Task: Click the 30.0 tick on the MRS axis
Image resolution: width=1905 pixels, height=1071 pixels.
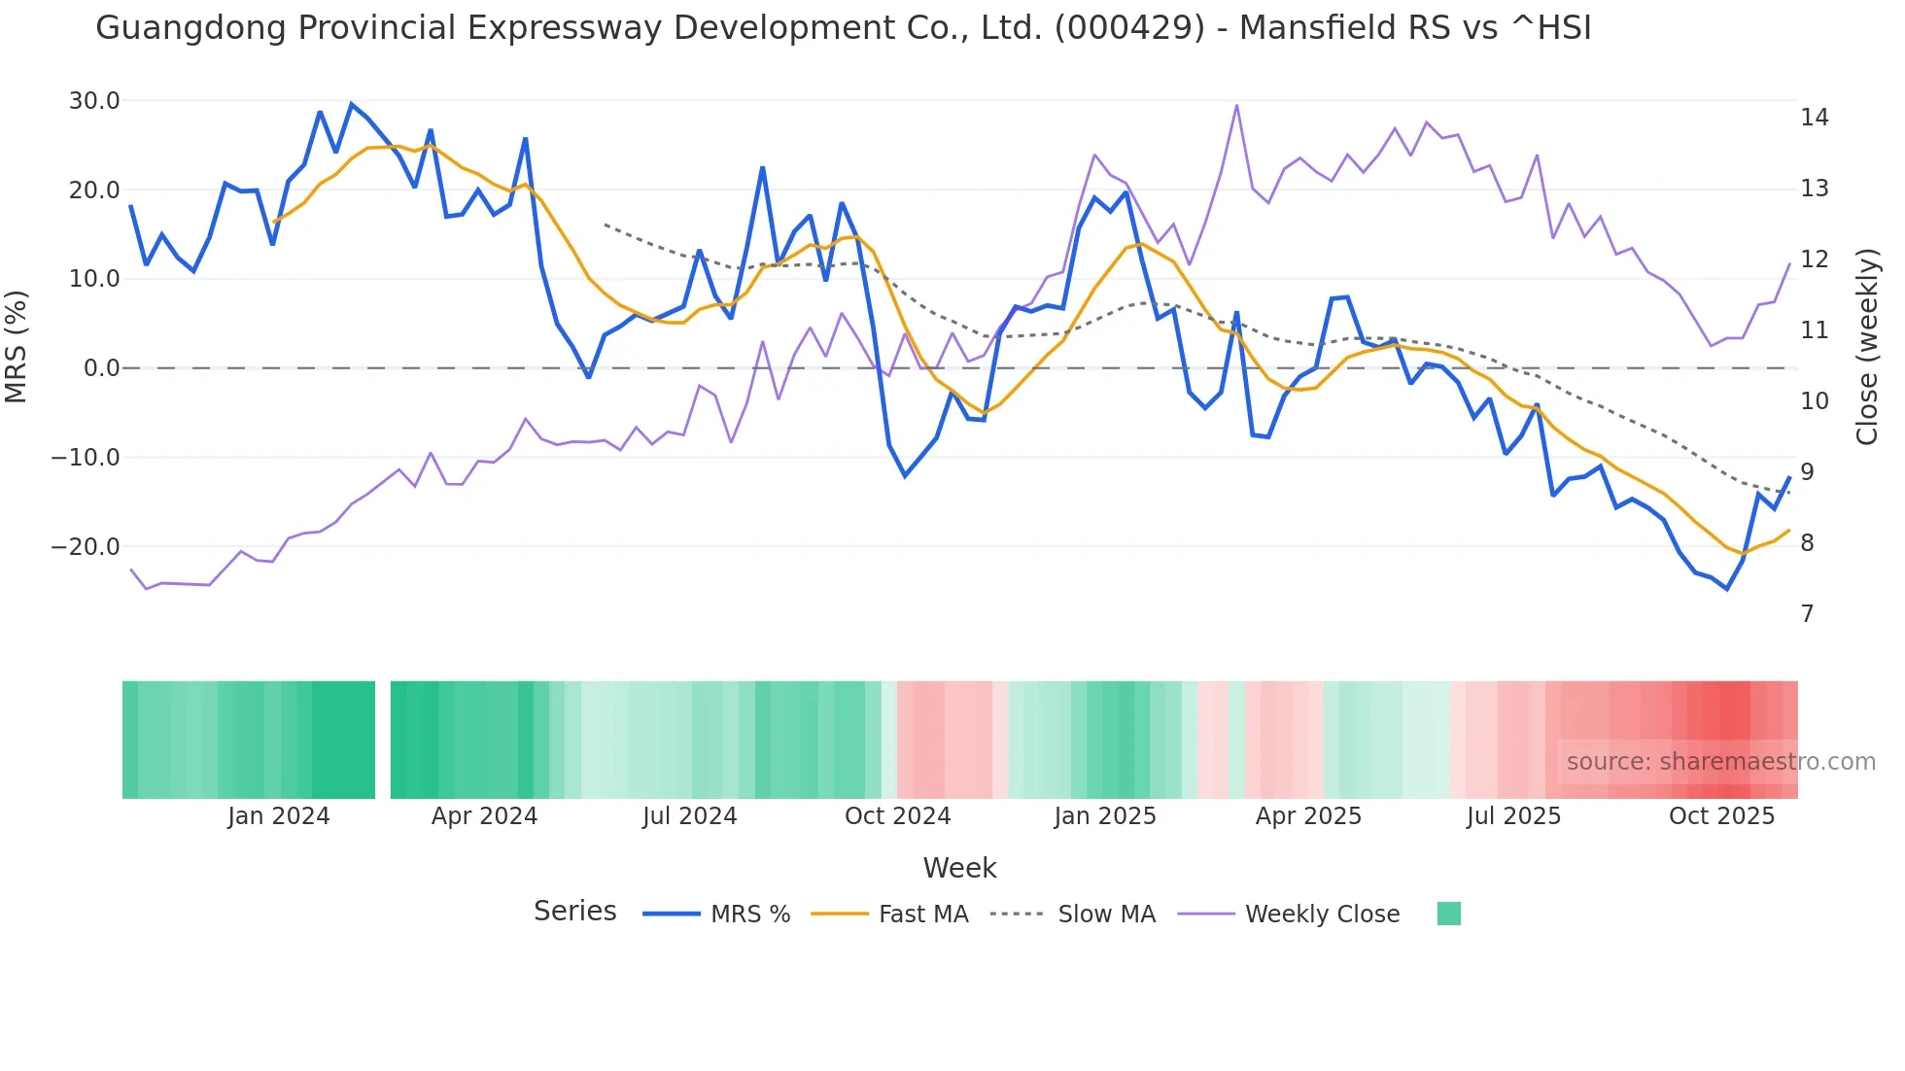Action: [94, 101]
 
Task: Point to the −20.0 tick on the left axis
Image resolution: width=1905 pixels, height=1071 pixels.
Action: [87, 547]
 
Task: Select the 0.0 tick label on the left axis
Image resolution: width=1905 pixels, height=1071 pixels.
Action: [101, 368]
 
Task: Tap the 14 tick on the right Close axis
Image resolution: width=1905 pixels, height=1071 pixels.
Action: [1814, 118]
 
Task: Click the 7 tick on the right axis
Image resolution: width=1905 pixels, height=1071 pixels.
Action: [1807, 614]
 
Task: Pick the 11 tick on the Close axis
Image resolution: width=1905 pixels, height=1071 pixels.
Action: [1814, 330]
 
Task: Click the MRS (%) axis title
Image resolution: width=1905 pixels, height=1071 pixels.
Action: [17, 346]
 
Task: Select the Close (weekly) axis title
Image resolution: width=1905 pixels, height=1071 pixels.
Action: [1866, 347]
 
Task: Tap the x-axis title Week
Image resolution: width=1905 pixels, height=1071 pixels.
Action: [959, 868]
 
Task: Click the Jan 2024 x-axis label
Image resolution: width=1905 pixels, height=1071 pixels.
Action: [279, 816]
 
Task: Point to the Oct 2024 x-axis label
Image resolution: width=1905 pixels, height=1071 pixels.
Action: [897, 816]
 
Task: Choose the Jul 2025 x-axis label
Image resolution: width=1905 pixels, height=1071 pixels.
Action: [1513, 816]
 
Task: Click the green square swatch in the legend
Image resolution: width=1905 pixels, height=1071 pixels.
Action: [1448, 914]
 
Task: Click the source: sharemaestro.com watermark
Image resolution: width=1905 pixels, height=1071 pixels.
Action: [1720, 762]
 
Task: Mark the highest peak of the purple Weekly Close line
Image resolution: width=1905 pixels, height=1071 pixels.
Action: [1236, 105]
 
